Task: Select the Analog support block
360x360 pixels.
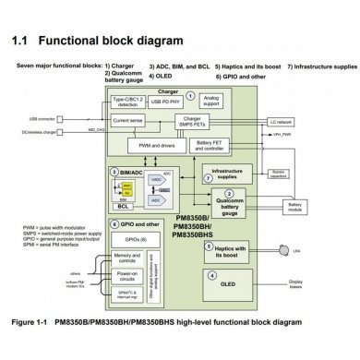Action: (x=211, y=99)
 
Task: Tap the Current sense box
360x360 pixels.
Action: (x=128, y=120)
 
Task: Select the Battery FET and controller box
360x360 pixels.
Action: (x=210, y=144)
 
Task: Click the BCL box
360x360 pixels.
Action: (x=124, y=208)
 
